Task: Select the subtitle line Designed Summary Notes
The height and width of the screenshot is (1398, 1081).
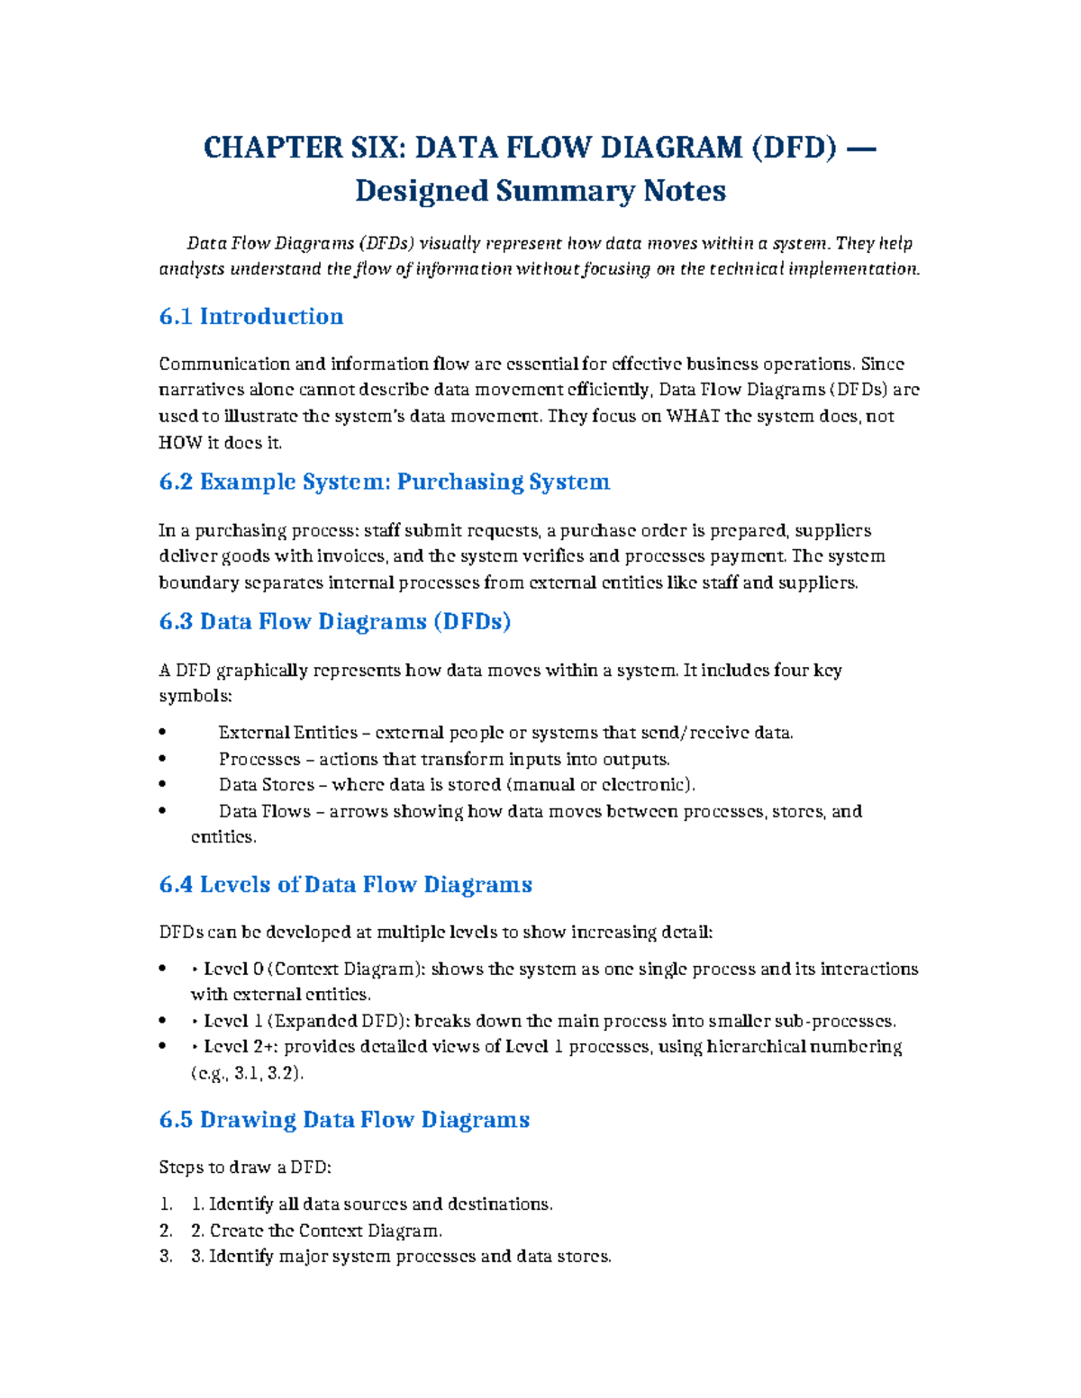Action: coord(540,191)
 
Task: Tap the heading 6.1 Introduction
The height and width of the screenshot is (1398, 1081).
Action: coord(250,316)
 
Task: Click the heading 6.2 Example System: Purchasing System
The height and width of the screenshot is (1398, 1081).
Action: coord(384,482)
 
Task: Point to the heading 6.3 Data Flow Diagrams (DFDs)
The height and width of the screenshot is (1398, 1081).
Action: coord(334,621)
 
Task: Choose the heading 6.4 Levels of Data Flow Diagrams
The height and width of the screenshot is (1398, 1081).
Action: coord(345,884)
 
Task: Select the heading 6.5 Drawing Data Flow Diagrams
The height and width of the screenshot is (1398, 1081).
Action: coord(344,1119)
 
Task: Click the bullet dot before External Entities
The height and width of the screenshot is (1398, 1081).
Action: coord(162,733)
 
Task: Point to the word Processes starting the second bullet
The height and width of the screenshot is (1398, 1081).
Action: coord(259,759)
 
